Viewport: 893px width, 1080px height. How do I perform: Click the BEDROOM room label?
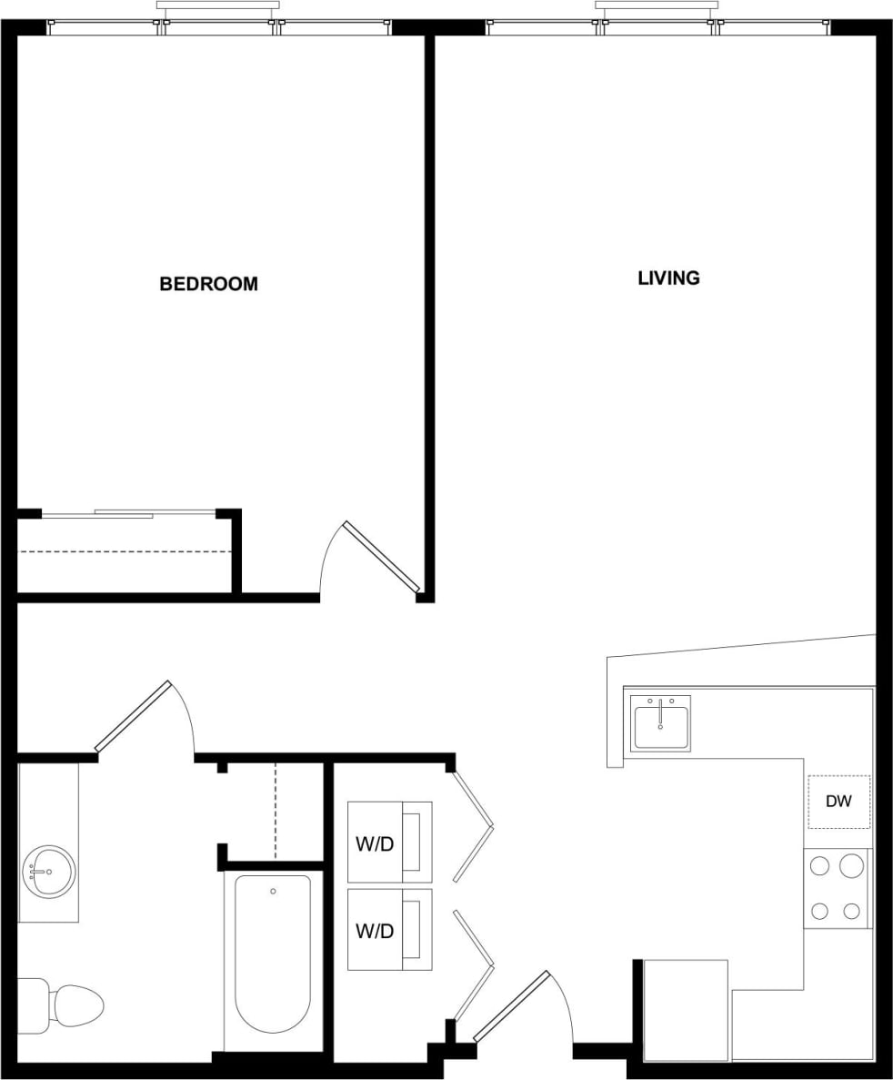pyautogui.click(x=208, y=284)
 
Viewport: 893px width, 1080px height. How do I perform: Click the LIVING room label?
pyautogui.click(x=668, y=278)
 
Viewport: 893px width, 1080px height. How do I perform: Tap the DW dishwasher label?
pyautogui.click(x=838, y=802)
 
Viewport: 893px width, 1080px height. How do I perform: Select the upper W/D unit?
pyautogui.click(x=389, y=843)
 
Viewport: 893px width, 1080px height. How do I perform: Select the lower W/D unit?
pyautogui.click(x=389, y=930)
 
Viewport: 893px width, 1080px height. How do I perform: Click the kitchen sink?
pyautogui.click(x=660, y=723)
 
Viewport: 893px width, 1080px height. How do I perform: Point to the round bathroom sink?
pyautogui.click(x=48, y=872)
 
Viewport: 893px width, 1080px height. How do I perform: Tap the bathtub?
pyautogui.click(x=273, y=951)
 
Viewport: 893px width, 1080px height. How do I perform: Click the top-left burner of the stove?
pyautogui.click(x=819, y=866)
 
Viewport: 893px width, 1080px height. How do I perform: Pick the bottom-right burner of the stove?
pyautogui.click(x=852, y=910)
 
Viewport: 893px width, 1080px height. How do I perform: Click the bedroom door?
pyautogui.click(x=381, y=557)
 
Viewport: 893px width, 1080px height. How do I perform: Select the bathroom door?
pyautogui.click(x=134, y=716)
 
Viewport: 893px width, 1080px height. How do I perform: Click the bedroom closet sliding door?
pyautogui.click(x=127, y=513)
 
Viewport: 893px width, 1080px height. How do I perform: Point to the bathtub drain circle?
pyautogui.click(x=273, y=891)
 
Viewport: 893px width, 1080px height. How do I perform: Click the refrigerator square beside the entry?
pyautogui.click(x=686, y=1010)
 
